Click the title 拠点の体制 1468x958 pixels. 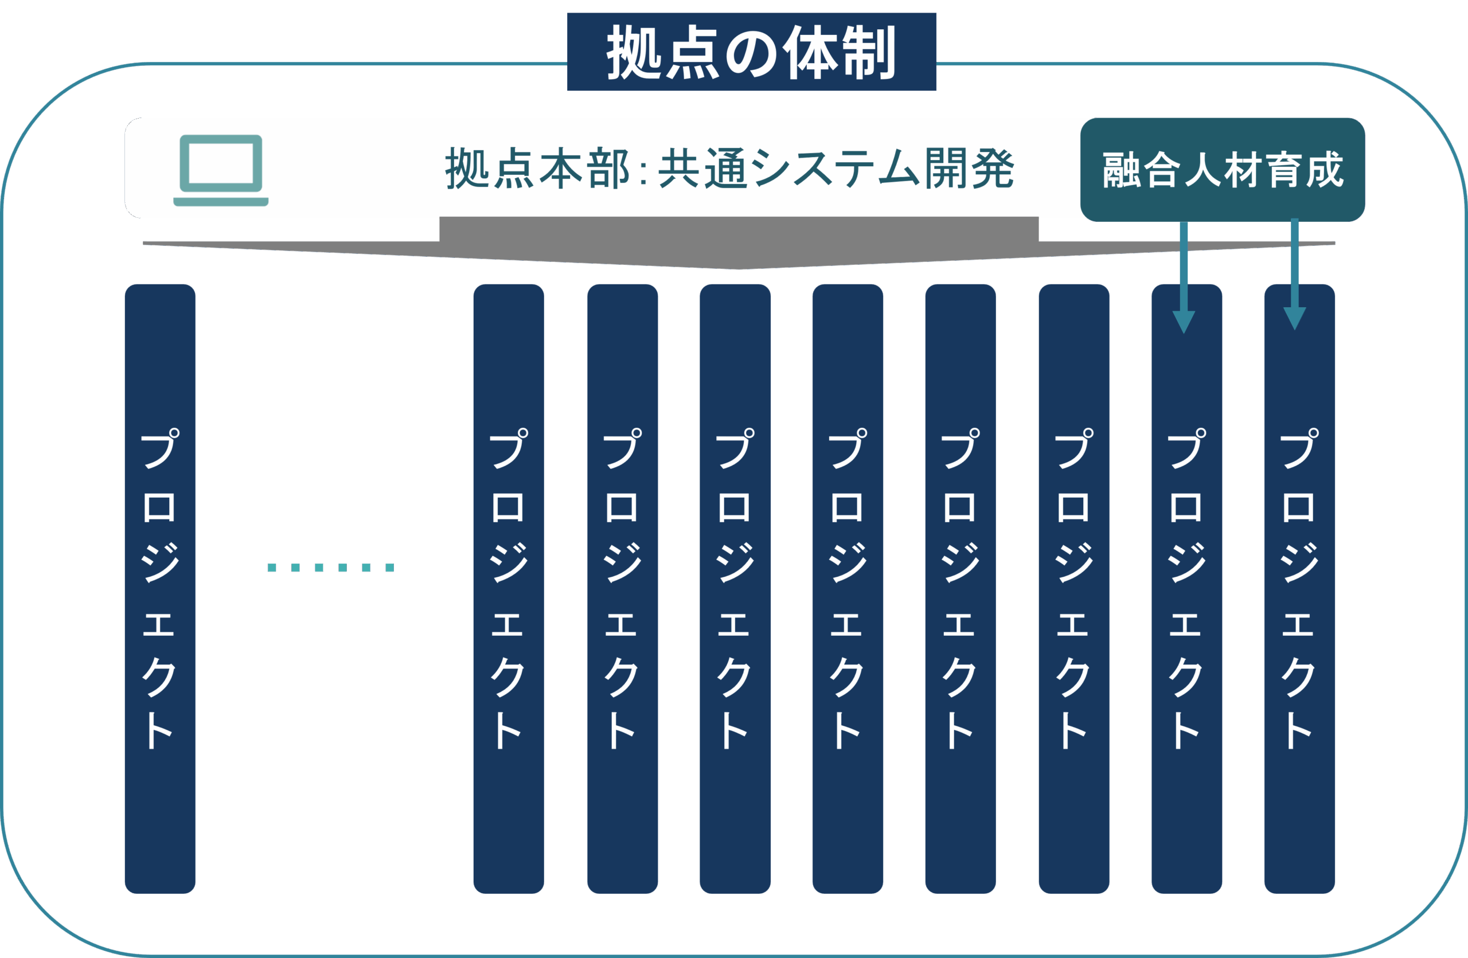tap(751, 52)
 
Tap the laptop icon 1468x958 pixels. tap(221, 170)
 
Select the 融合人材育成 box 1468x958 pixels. tap(1223, 170)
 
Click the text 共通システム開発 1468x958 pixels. tap(835, 169)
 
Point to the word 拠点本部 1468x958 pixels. tap(537, 169)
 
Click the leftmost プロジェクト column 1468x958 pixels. tap(160, 588)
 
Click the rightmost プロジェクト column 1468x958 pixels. tap(1299, 588)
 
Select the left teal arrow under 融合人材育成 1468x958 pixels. tap(1184, 277)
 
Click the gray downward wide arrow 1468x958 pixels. tap(739, 244)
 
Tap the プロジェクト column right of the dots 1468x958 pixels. tap(508, 588)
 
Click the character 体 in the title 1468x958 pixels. tap(809, 52)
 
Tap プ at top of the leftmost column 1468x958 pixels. tap(160, 448)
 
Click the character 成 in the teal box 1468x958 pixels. tap(1325, 170)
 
